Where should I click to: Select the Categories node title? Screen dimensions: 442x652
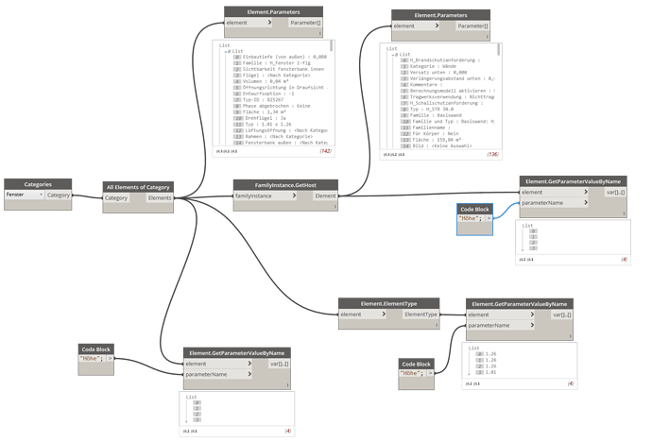[x=38, y=184]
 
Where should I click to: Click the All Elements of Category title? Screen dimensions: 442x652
[x=138, y=187]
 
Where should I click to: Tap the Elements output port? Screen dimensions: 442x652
[x=160, y=198]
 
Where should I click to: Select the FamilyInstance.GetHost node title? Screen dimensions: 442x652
[x=285, y=185]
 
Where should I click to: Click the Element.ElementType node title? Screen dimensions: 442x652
[x=389, y=303]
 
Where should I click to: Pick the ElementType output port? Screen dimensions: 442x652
[x=421, y=314]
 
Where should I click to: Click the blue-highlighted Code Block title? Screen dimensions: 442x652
[x=474, y=209]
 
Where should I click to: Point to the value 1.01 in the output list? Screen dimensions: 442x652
[x=490, y=372]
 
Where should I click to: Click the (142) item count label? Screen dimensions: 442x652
[x=325, y=150]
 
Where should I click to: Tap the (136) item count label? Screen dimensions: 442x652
[x=492, y=154]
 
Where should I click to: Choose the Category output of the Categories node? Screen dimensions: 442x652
[x=59, y=195]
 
